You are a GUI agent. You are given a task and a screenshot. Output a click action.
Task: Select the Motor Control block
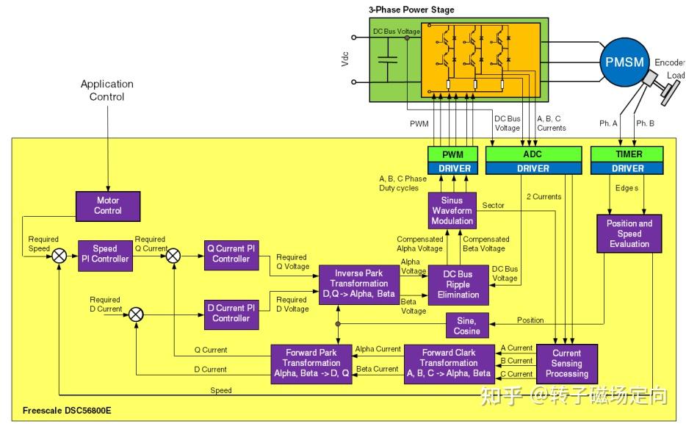pyautogui.click(x=107, y=205)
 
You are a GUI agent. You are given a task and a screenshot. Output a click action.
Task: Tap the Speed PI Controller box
pyautogui.click(x=105, y=254)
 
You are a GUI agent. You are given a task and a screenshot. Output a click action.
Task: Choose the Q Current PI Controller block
pyautogui.click(x=231, y=254)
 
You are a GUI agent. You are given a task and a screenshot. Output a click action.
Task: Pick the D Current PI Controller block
pyautogui.click(x=231, y=313)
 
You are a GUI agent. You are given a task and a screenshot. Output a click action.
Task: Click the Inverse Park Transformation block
pyautogui.click(x=358, y=284)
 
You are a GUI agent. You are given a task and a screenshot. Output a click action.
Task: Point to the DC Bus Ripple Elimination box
pyautogui.click(x=458, y=284)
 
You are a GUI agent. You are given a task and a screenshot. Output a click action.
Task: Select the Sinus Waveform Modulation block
pyautogui.click(x=452, y=211)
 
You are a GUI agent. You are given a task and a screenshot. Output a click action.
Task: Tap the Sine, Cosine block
pyautogui.click(x=466, y=326)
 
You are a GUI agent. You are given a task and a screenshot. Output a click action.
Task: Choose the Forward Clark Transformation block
pyautogui.click(x=448, y=362)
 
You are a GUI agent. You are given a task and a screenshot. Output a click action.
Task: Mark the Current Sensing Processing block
pyautogui.click(x=566, y=363)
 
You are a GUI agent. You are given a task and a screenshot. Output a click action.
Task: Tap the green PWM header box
pyautogui.click(x=452, y=154)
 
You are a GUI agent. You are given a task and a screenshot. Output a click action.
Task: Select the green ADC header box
pyautogui.click(x=533, y=154)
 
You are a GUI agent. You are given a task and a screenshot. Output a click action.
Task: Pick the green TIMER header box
pyautogui.click(x=627, y=154)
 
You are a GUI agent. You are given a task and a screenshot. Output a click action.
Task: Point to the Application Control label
pyautogui.click(x=107, y=90)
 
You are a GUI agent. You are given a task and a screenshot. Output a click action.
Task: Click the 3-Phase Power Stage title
pyautogui.click(x=411, y=10)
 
